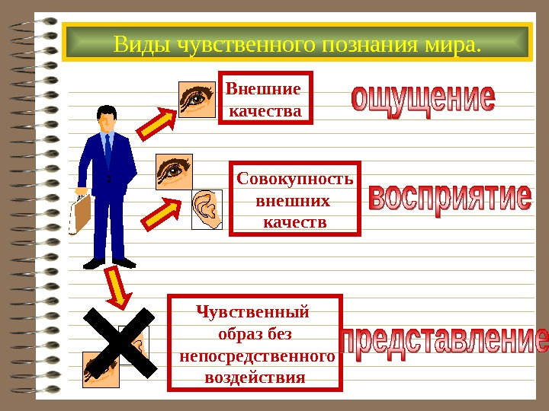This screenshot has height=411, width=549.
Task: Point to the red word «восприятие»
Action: [x=450, y=200]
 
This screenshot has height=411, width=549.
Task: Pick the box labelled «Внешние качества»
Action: [x=265, y=97]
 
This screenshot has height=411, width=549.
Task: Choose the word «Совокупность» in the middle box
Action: [x=295, y=180]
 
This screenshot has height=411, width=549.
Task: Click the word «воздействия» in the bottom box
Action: [x=255, y=378]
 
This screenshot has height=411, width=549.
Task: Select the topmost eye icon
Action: [x=197, y=99]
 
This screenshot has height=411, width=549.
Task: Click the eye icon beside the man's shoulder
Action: [x=174, y=171]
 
